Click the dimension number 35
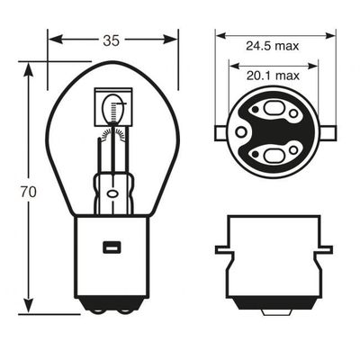coord(112,40)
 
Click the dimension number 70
coord(29,193)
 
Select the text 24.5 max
coord(273,46)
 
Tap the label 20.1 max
coord(273,76)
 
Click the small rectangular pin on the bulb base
coord(112,247)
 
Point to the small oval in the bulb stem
coord(112,193)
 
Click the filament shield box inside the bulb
coord(113,107)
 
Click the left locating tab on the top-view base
coord(221,133)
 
